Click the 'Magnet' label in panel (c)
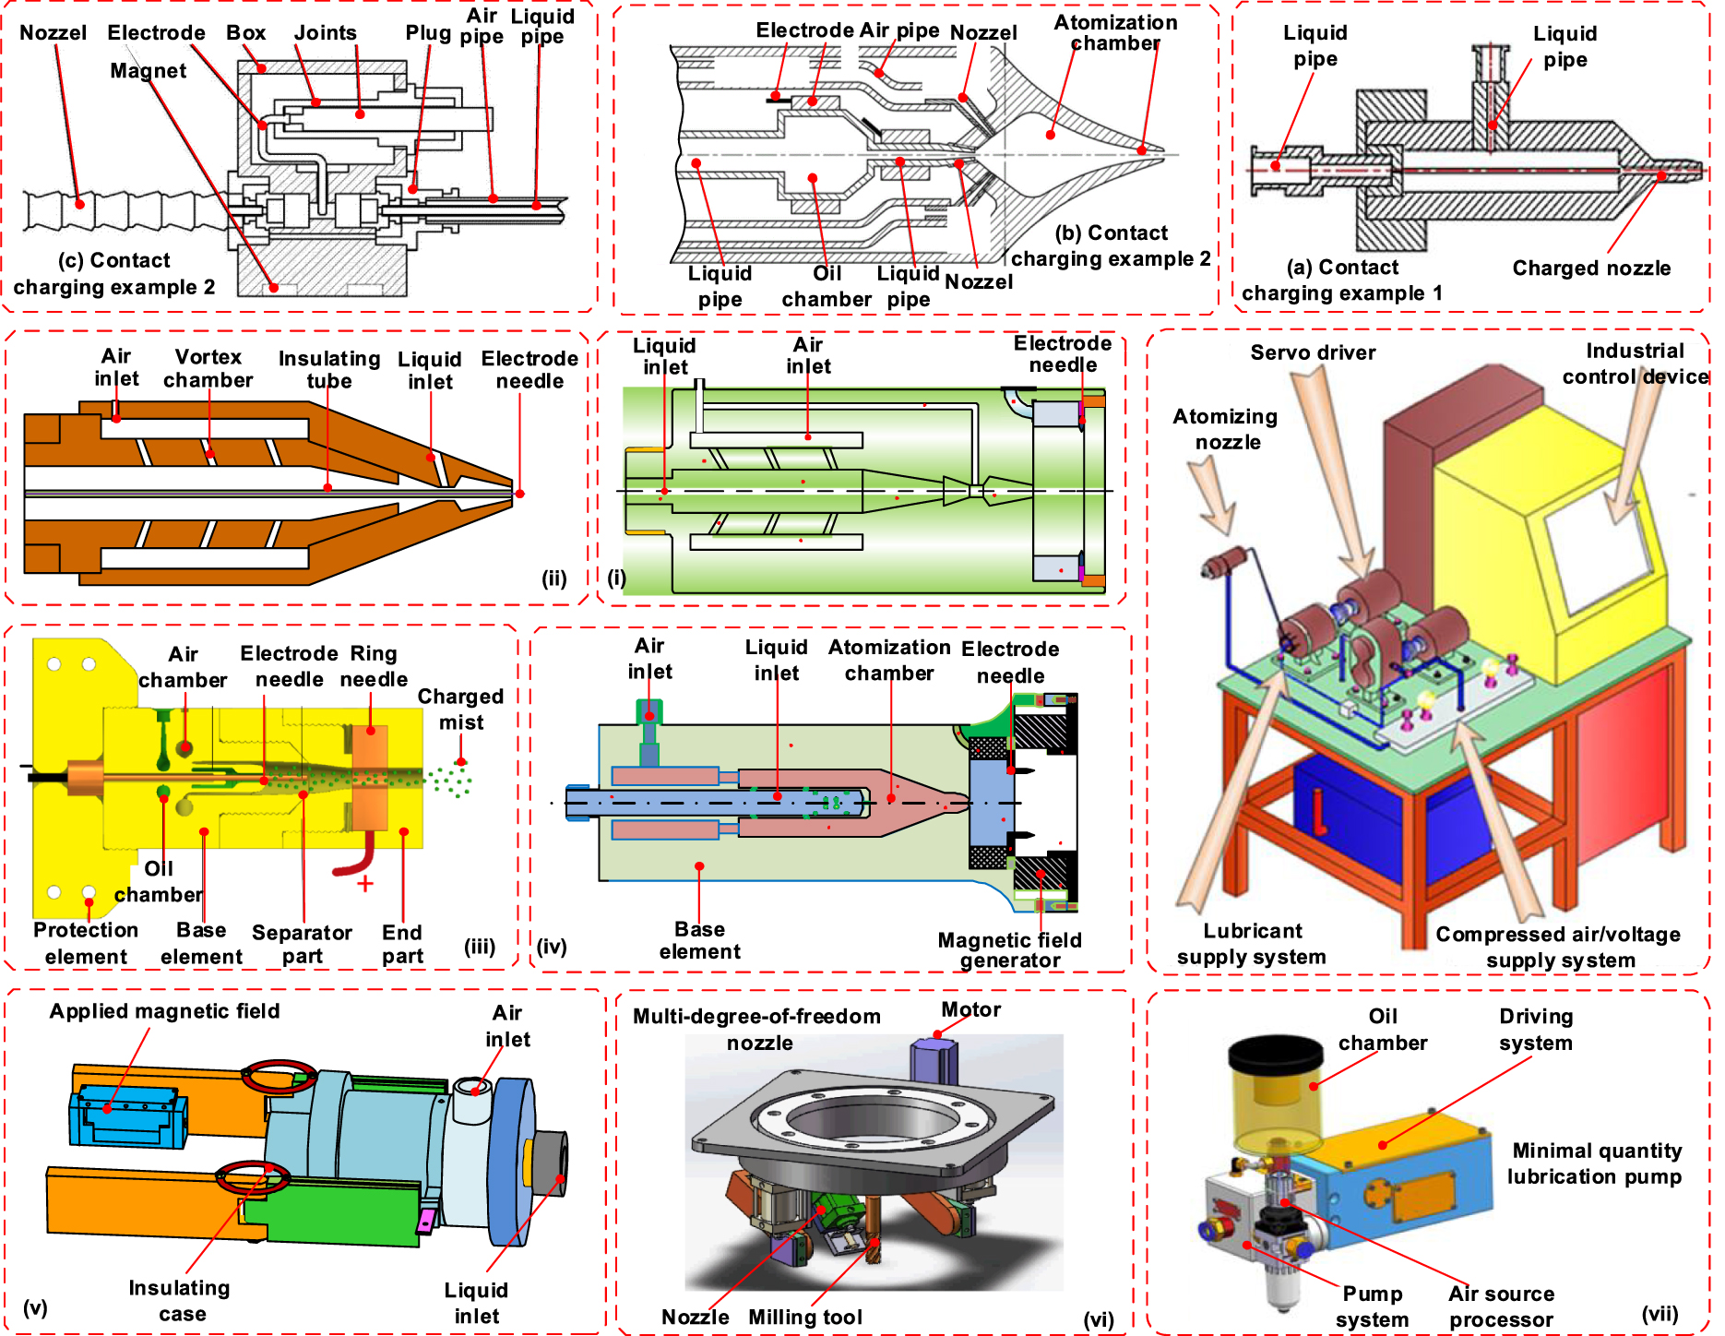pyautogui.click(x=148, y=71)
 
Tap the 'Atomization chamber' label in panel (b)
pyautogui.click(x=1115, y=32)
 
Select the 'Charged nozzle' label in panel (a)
pyautogui.click(x=1590, y=268)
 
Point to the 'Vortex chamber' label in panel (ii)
pyautogui.click(x=208, y=368)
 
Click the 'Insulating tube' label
pyautogui.click(x=329, y=369)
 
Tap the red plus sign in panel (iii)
pyautogui.click(x=365, y=884)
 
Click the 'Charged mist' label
pyautogui.click(x=460, y=709)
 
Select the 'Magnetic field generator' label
pyautogui.click(x=1009, y=950)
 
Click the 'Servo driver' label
pyautogui.click(x=1312, y=352)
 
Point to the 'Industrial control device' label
pyautogui.click(x=1635, y=364)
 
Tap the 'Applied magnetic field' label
pyautogui.click(x=164, y=1011)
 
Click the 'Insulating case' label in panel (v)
pyautogui.click(x=180, y=1300)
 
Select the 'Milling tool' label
pyautogui.click(x=804, y=1318)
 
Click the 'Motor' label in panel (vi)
pyautogui.click(x=970, y=1009)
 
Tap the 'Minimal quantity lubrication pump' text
pyautogui.click(x=1594, y=1163)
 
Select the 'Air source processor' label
pyautogui.click(x=1501, y=1306)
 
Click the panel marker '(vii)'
pyautogui.click(x=1659, y=1314)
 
